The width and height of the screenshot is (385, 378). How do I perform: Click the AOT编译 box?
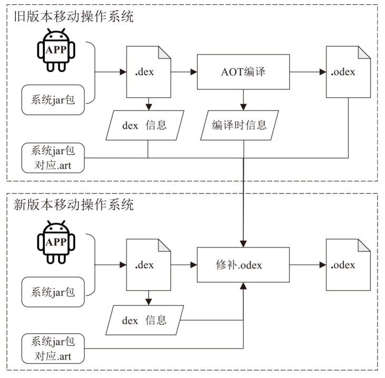243,72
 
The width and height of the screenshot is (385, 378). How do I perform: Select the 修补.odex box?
243,265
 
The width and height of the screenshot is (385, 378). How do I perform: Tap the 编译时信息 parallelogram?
240,125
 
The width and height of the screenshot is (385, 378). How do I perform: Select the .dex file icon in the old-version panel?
149,72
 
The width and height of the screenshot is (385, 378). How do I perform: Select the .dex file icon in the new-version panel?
149,265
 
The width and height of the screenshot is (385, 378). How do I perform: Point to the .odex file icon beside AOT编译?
347,72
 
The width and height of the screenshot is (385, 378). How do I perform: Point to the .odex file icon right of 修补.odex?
347,265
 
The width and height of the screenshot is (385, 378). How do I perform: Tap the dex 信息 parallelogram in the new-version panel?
145,319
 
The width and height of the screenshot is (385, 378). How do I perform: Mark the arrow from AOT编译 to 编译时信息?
243,99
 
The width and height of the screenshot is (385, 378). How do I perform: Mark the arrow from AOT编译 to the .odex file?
308,72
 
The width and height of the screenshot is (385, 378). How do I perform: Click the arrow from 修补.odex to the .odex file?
308,265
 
